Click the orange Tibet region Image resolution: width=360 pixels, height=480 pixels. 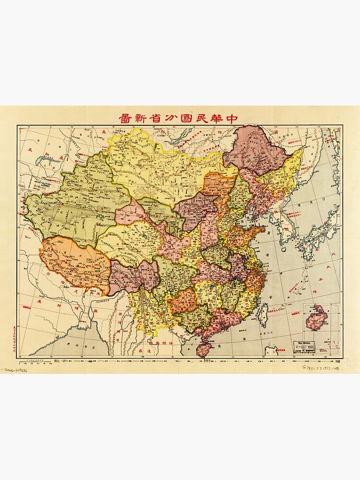coord(74,262)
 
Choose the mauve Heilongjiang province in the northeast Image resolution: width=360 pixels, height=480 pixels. coord(254,149)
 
